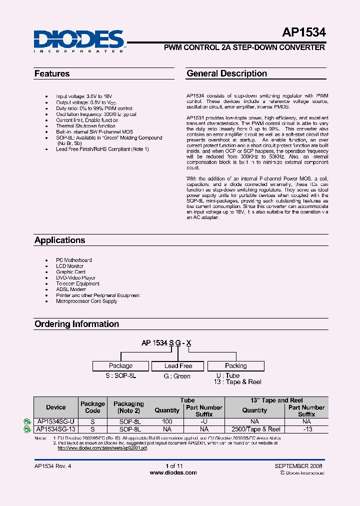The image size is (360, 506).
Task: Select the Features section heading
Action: coord(52,74)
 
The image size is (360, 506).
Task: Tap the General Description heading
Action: coord(226,73)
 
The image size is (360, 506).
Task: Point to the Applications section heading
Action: coord(59,240)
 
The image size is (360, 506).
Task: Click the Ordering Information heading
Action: coord(76,324)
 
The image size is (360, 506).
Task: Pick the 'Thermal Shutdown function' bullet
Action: coord(85,126)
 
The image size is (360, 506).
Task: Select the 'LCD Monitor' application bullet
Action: coord(70,266)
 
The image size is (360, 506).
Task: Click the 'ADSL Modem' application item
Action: coord(71,289)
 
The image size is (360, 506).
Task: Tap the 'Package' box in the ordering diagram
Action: coord(121,366)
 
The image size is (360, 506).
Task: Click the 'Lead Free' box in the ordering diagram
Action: coord(178,366)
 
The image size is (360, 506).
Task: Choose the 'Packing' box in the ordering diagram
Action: coord(235,366)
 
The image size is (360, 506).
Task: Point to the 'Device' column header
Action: coord(56,407)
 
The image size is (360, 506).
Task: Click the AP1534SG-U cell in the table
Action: coord(56,422)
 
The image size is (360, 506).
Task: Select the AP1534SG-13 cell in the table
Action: coord(56,429)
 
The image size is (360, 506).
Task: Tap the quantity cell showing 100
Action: coord(167,422)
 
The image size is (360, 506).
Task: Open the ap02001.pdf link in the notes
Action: coord(102,448)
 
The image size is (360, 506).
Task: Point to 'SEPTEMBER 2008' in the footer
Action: coord(298,466)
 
